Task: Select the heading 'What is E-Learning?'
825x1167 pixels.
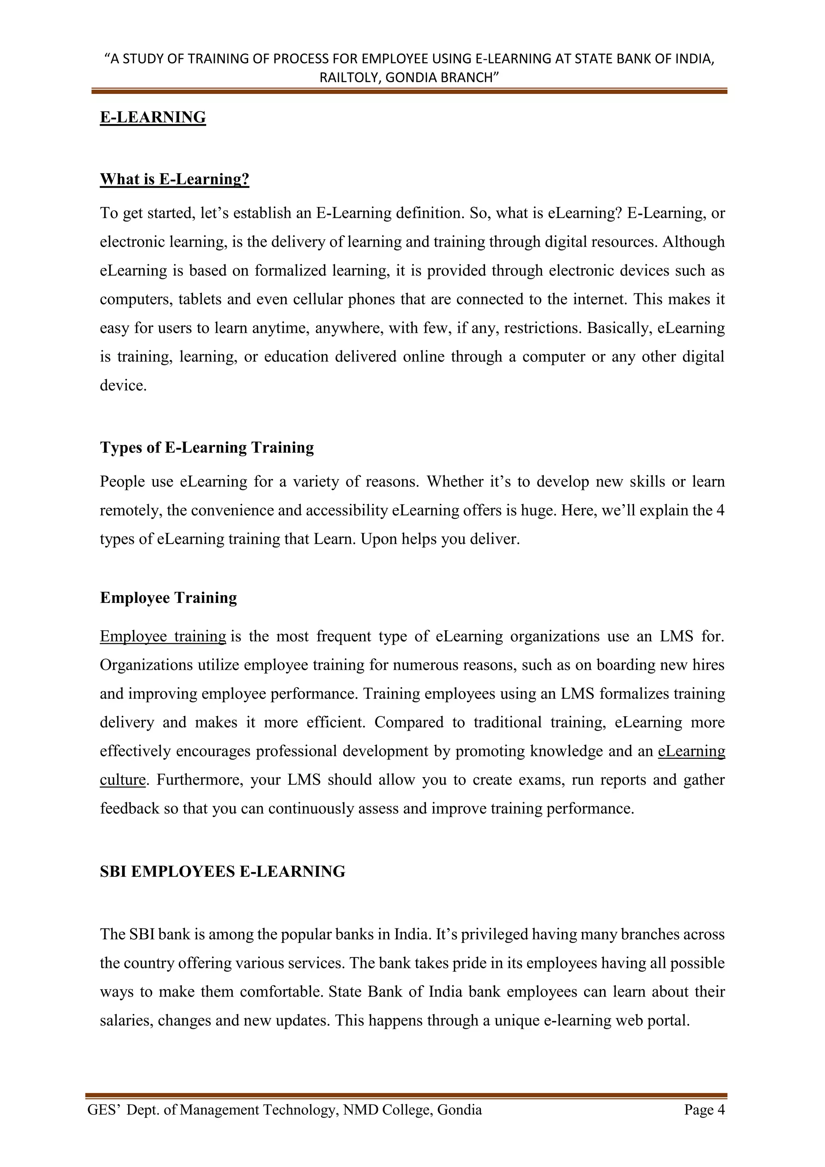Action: (x=174, y=179)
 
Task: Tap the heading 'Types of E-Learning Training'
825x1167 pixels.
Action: (x=207, y=447)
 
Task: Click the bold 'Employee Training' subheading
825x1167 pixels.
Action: (x=168, y=597)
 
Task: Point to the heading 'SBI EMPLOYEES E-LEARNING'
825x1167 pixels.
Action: (x=222, y=871)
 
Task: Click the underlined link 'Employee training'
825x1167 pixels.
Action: (x=163, y=636)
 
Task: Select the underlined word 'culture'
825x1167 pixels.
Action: (x=122, y=780)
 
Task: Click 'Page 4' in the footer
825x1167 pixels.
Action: (x=704, y=1110)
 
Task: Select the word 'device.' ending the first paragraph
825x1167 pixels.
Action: (x=123, y=385)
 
